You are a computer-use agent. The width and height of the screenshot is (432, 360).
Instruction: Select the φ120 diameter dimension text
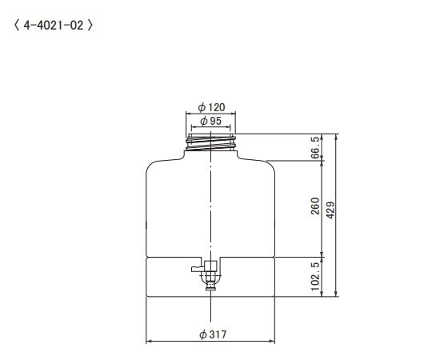tap(210, 106)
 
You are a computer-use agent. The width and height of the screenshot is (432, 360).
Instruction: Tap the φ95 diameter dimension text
tap(210, 120)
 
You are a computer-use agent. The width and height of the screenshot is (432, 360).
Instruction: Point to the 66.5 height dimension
tap(315, 147)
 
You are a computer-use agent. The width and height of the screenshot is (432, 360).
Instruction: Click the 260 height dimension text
tap(315, 206)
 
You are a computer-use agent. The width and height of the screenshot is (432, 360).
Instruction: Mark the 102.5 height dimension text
tap(315, 276)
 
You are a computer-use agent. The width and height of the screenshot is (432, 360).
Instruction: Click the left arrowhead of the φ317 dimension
tap(149, 342)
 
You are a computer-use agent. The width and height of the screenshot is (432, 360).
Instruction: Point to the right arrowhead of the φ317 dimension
tap(273, 342)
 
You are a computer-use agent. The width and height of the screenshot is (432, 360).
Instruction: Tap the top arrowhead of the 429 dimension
tap(337, 136)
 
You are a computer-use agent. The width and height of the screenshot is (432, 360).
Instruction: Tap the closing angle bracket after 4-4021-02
tap(90, 25)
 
